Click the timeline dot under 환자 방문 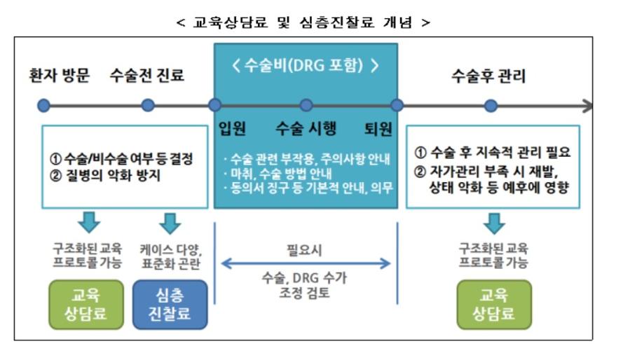43,106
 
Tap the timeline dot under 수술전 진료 148,105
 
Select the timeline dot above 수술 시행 306,105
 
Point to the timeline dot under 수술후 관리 491,106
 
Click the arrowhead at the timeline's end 588,106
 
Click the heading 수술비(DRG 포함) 305,65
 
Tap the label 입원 233,129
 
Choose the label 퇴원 378,129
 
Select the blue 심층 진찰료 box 170,305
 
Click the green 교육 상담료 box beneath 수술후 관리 494,305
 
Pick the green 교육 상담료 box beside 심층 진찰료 86,305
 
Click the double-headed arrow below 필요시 306,263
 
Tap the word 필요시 304,250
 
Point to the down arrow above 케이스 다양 170,223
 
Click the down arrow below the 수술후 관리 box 494,223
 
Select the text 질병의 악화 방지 113,175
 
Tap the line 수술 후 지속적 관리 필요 500,152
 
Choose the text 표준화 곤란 171,263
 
